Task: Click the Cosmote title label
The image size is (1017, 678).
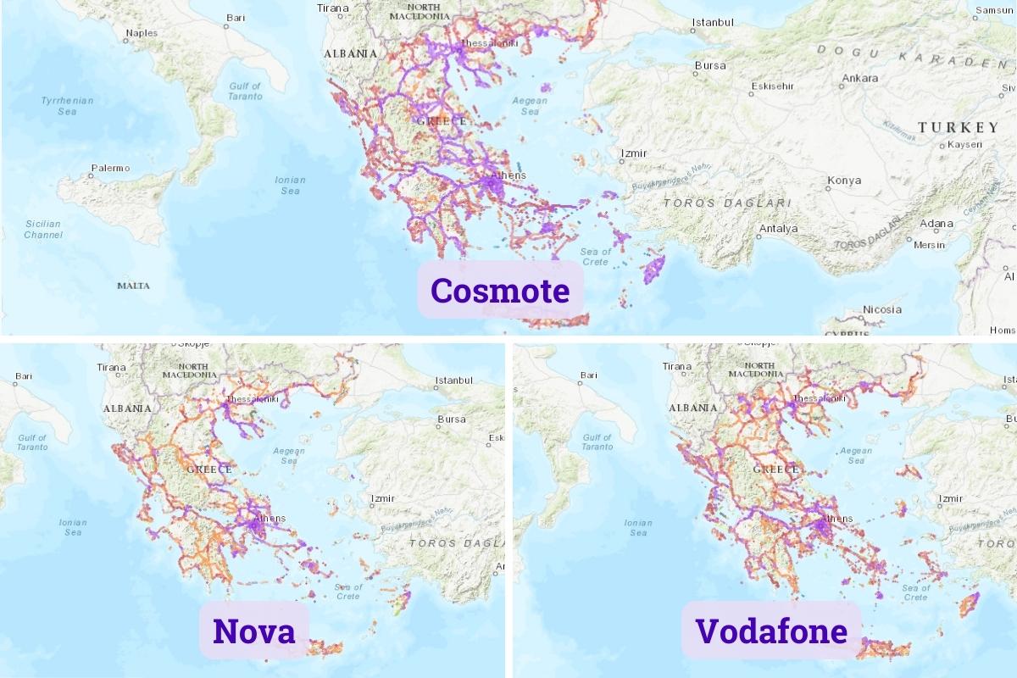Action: pyautogui.click(x=500, y=291)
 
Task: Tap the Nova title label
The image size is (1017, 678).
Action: pyautogui.click(x=254, y=631)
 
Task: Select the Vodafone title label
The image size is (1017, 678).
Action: pyautogui.click(x=770, y=631)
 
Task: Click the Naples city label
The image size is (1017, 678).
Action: pyautogui.click(x=141, y=34)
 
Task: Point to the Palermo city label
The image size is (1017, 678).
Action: pyautogui.click(x=110, y=168)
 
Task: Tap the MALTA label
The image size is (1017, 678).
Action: pyautogui.click(x=133, y=286)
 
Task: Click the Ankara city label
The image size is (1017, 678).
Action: pyautogui.click(x=859, y=79)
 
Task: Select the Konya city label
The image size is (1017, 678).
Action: pyautogui.click(x=844, y=181)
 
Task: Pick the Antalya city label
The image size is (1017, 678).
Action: pyautogui.click(x=777, y=229)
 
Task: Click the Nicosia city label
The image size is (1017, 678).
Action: pyautogui.click(x=881, y=309)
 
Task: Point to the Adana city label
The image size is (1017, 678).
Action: pyautogui.click(x=936, y=224)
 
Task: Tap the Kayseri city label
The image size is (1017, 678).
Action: pyautogui.click(x=964, y=145)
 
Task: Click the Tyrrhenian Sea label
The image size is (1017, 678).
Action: pyautogui.click(x=67, y=106)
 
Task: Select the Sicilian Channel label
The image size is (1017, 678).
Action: pyautogui.click(x=43, y=229)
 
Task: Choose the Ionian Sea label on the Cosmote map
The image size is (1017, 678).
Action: pyautogui.click(x=290, y=185)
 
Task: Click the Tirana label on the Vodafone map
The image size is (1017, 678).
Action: pyautogui.click(x=677, y=367)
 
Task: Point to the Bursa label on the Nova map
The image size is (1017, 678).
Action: pyautogui.click(x=451, y=420)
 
